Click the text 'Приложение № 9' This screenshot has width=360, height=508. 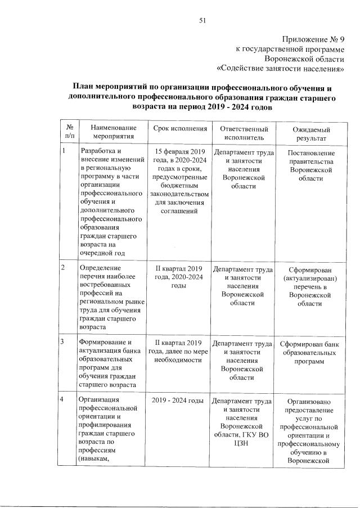[312, 39]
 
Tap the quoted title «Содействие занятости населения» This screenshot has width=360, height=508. [281, 69]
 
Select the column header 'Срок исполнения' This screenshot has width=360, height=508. [180, 129]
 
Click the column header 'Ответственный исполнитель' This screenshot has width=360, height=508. [243, 133]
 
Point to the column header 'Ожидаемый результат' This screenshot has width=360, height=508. [310, 133]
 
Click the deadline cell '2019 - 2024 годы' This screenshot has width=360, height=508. [178, 401]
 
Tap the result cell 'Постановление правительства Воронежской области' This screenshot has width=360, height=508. [310, 165]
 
